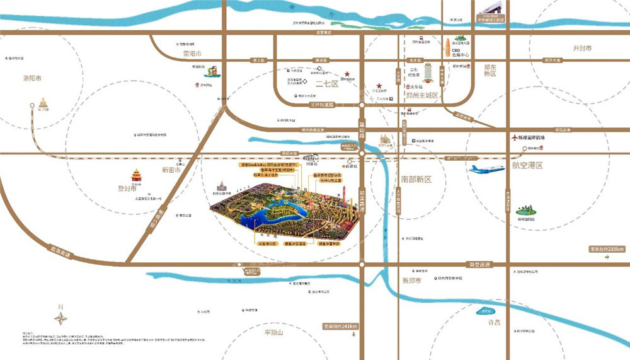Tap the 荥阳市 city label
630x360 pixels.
[191, 54]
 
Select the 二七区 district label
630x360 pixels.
[327, 84]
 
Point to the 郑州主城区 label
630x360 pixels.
[421, 96]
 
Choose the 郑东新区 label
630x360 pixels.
[490, 69]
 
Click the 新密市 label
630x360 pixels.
[171, 170]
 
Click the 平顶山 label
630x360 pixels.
[275, 332]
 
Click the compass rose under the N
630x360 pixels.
[60, 318]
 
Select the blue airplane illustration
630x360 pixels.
[486, 169]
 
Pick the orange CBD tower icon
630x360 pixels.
[447, 48]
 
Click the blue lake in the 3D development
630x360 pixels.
[265, 218]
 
